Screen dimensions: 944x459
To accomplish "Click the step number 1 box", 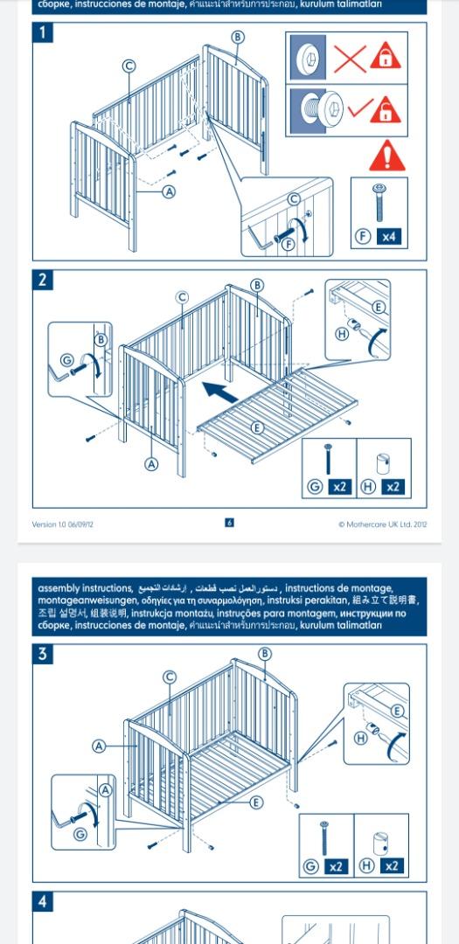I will click(43, 33).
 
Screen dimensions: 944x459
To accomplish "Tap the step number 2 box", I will click(43, 281).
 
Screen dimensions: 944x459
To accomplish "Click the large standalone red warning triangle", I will click(386, 156).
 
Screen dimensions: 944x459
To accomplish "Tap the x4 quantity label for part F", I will click(388, 237).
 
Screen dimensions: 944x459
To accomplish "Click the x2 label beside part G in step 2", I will click(339, 487).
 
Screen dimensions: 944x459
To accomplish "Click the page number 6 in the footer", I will click(229, 523).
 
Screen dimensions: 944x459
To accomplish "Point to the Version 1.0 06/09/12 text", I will click(63, 524).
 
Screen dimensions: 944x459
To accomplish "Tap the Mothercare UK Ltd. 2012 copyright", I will click(383, 524).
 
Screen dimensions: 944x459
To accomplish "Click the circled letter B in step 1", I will click(238, 37).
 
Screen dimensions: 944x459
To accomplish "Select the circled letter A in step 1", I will click(169, 191).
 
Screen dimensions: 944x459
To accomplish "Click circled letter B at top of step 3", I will click(265, 654).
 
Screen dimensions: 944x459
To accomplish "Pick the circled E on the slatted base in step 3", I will click(256, 802).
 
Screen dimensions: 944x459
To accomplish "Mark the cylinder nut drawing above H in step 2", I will click(382, 462).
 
